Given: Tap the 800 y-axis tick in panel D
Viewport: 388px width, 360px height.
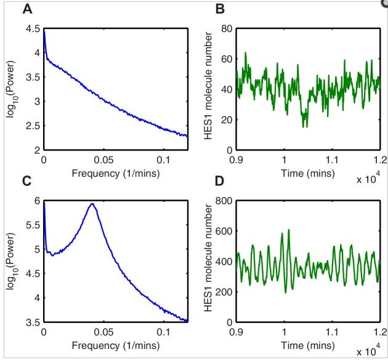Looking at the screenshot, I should [x=222, y=201].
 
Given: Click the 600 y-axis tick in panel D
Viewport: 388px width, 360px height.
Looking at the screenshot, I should [x=222, y=231].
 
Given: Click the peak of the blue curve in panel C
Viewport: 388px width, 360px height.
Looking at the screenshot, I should [x=92, y=204].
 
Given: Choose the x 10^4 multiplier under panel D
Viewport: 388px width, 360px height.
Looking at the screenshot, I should [x=370, y=352].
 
